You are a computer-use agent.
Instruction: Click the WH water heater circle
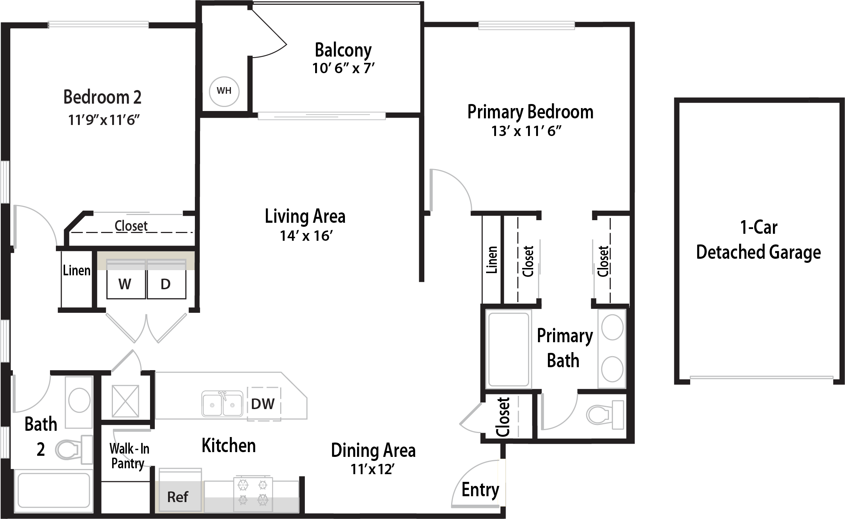pos(224,91)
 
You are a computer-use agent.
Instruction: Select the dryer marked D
pos(166,279)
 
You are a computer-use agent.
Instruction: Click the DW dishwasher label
pos(263,404)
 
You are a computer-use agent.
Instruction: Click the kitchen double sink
pos(222,404)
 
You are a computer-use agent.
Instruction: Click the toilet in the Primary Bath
pos(605,415)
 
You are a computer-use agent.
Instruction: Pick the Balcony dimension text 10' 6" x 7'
pos(343,68)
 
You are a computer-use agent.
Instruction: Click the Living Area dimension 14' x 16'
pos(306,236)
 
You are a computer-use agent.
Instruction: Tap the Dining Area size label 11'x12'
pos(372,469)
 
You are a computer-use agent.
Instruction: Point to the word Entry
pos(480,490)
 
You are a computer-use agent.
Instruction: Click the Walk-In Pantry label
pos(129,456)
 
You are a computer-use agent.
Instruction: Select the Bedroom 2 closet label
pos(131,225)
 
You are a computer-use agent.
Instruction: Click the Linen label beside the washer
pos(76,271)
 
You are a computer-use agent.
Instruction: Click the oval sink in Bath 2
pos(79,400)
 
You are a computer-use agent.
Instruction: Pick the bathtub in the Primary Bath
pos(509,349)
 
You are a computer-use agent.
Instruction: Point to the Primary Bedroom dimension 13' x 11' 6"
pos(527,131)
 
